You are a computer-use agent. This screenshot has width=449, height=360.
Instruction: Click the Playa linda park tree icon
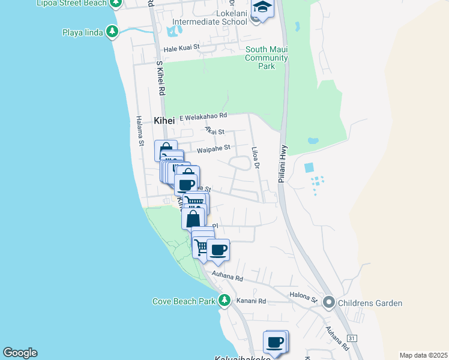[x=112, y=32]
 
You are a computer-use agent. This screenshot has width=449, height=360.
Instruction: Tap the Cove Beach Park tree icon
[x=224, y=301]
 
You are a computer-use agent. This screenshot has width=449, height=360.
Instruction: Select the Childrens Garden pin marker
[x=328, y=302]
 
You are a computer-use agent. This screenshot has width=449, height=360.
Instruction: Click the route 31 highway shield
[x=352, y=338]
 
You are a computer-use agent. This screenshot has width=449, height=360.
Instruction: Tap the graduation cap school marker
[x=262, y=8]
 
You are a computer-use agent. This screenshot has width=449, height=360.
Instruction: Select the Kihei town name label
[x=164, y=121]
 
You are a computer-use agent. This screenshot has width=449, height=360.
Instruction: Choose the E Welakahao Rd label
[x=203, y=116]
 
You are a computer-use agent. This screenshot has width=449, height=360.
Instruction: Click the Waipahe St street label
[x=214, y=148]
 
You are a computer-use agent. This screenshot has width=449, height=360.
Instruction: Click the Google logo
[x=20, y=353]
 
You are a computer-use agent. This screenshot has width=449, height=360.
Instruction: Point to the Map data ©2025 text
[x=423, y=355]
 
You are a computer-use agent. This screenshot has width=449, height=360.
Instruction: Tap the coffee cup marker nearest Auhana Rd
[x=218, y=250]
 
